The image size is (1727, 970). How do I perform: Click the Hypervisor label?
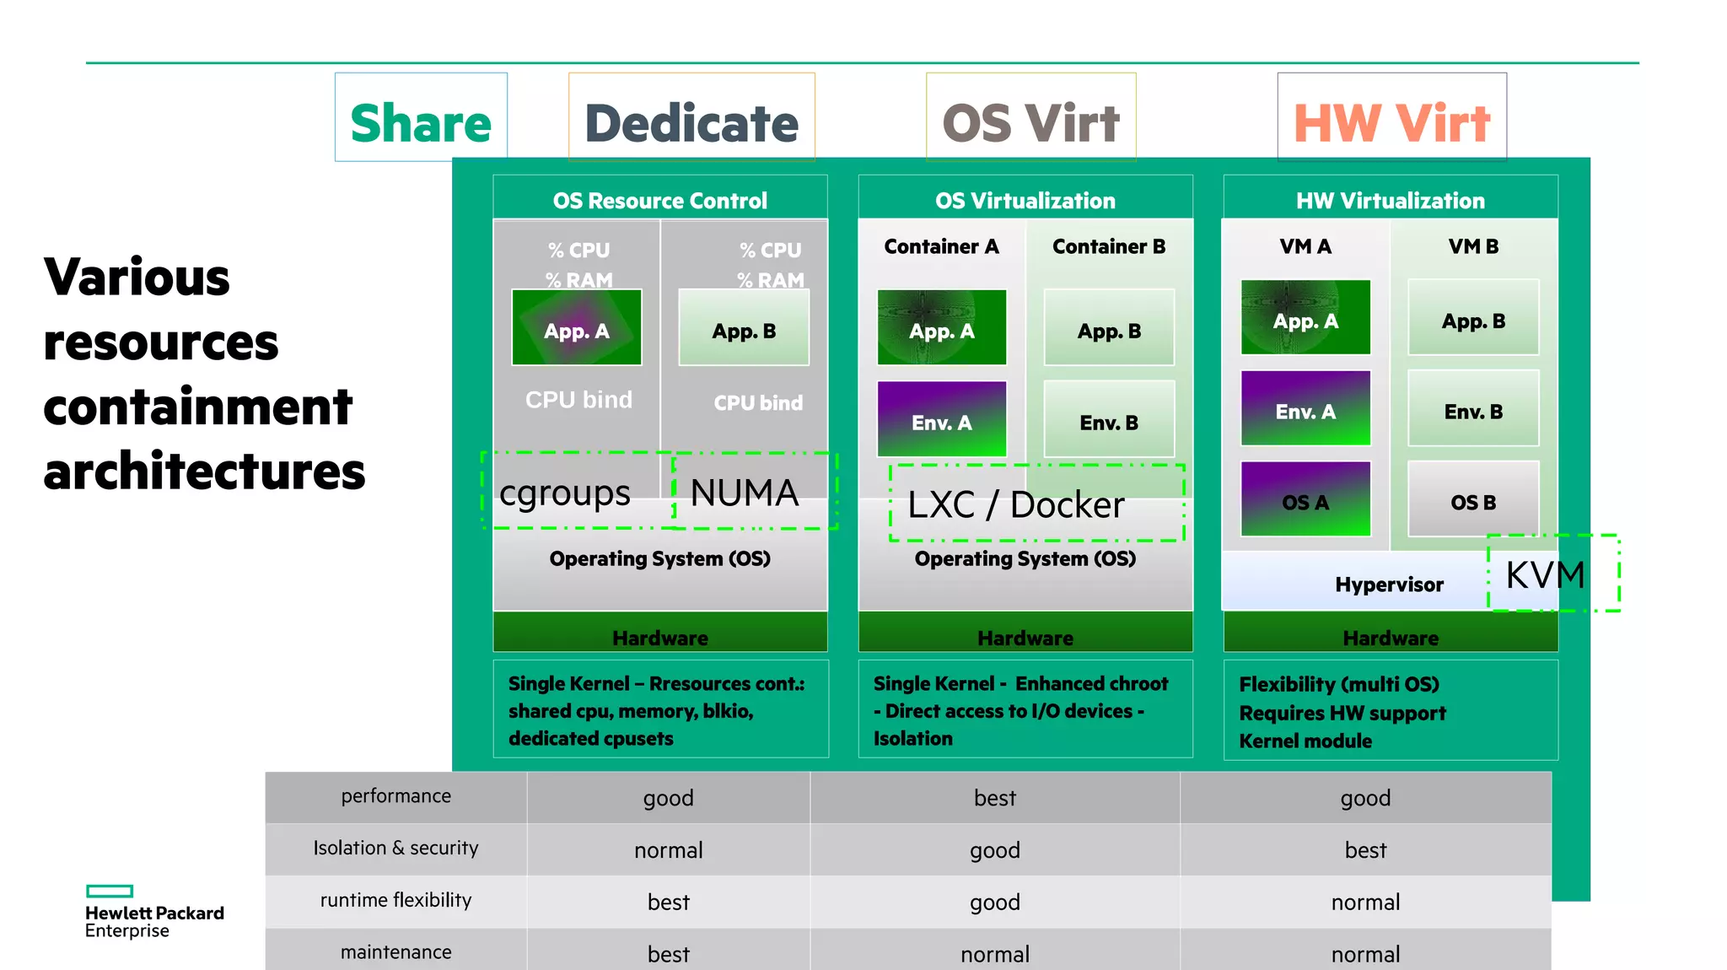[1389, 585]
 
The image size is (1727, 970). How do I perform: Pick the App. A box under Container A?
[942, 328]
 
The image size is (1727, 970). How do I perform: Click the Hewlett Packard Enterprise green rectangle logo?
[110, 891]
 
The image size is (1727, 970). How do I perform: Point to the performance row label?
[395, 796]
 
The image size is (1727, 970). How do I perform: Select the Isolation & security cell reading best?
[1365, 850]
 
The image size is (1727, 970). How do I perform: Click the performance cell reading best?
[995, 798]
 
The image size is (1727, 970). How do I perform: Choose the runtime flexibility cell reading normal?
[1365, 903]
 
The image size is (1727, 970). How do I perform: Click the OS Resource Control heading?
[660, 201]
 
